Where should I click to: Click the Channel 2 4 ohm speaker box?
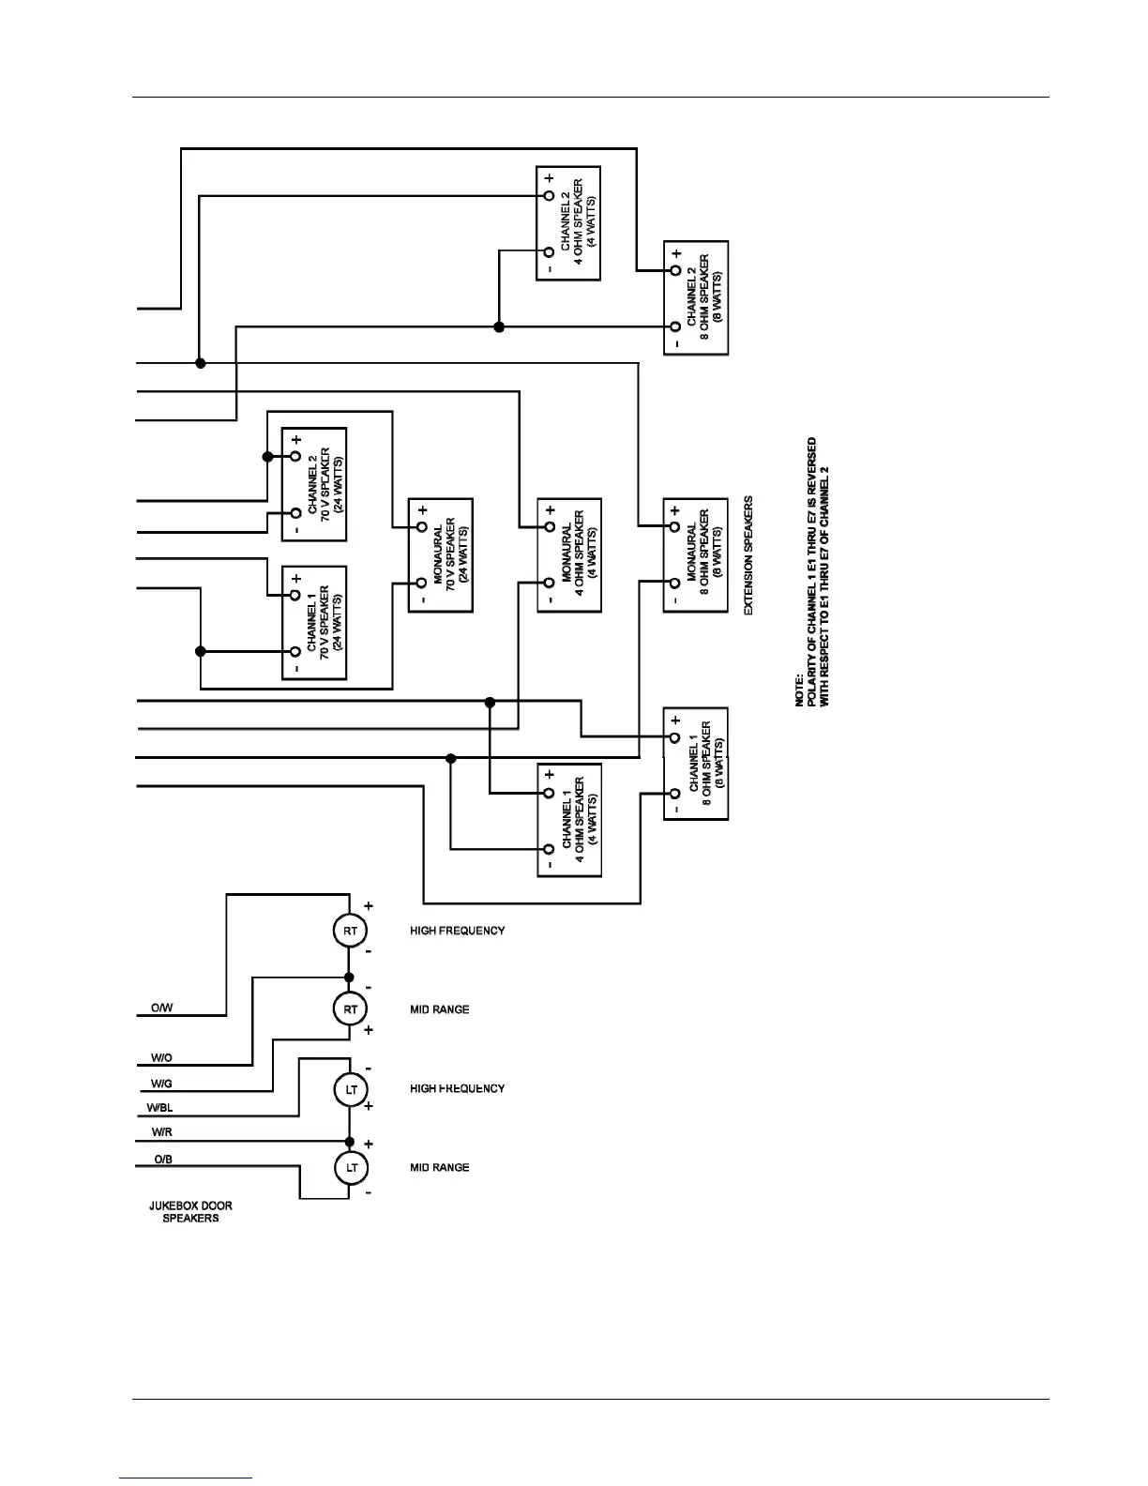click(x=568, y=223)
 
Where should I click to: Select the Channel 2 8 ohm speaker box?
click(x=696, y=297)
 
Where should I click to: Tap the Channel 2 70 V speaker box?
click(x=314, y=484)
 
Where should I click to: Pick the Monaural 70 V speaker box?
click(x=440, y=555)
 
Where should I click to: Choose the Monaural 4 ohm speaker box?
click(x=568, y=555)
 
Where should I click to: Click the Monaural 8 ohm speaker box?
click(x=696, y=555)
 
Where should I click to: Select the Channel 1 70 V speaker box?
click(x=314, y=623)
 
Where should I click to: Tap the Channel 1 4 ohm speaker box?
click(x=568, y=821)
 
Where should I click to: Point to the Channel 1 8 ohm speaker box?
click(x=696, y=764)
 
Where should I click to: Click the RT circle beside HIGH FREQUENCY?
click(x=350, y=931)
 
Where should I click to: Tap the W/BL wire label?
click(x=159, y=1108)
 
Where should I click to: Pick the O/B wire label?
click(x=162, y=1160)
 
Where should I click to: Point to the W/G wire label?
click(x=161, y=1084)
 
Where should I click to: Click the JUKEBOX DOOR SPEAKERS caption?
click(x=190, y=1212)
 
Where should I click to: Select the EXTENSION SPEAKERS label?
click(x=748, y=556)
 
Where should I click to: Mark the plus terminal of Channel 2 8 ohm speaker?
click(x=674, y=271)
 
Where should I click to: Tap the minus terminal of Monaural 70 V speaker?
click(x=421, y=584)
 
